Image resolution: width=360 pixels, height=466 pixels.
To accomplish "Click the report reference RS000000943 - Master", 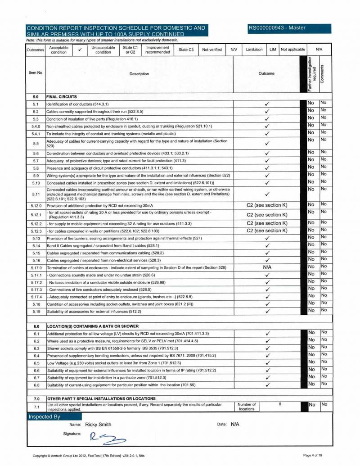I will click(x=277, y=28).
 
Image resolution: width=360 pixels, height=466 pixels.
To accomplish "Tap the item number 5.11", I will click(x=36, y=194).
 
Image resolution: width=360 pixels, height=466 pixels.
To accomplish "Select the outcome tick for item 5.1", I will click(x=267, y=104).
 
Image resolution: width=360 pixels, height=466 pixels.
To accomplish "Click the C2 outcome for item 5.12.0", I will click(x=267, y=205).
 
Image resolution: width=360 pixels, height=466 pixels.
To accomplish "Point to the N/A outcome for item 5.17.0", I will click(x=267, y=267).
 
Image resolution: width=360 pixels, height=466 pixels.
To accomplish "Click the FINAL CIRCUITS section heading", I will click(x=62, y=96).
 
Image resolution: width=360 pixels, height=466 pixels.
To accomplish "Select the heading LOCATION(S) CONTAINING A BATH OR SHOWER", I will click(x=93, y=326).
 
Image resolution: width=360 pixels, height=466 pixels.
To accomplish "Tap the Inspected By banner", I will click(x=45, y=416).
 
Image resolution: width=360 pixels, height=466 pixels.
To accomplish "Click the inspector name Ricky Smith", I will click(x=98, y=425).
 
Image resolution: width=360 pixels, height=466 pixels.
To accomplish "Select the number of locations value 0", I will click(x=279, y=404).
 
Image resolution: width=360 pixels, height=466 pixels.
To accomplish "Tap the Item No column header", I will click(x=36, y=72).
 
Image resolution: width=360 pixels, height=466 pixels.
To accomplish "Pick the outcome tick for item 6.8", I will click(x=267, y=385).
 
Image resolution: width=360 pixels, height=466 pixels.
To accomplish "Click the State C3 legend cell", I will click(x=186, y=50).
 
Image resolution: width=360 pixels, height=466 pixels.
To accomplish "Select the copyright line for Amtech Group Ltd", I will click(x=88, y=456).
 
